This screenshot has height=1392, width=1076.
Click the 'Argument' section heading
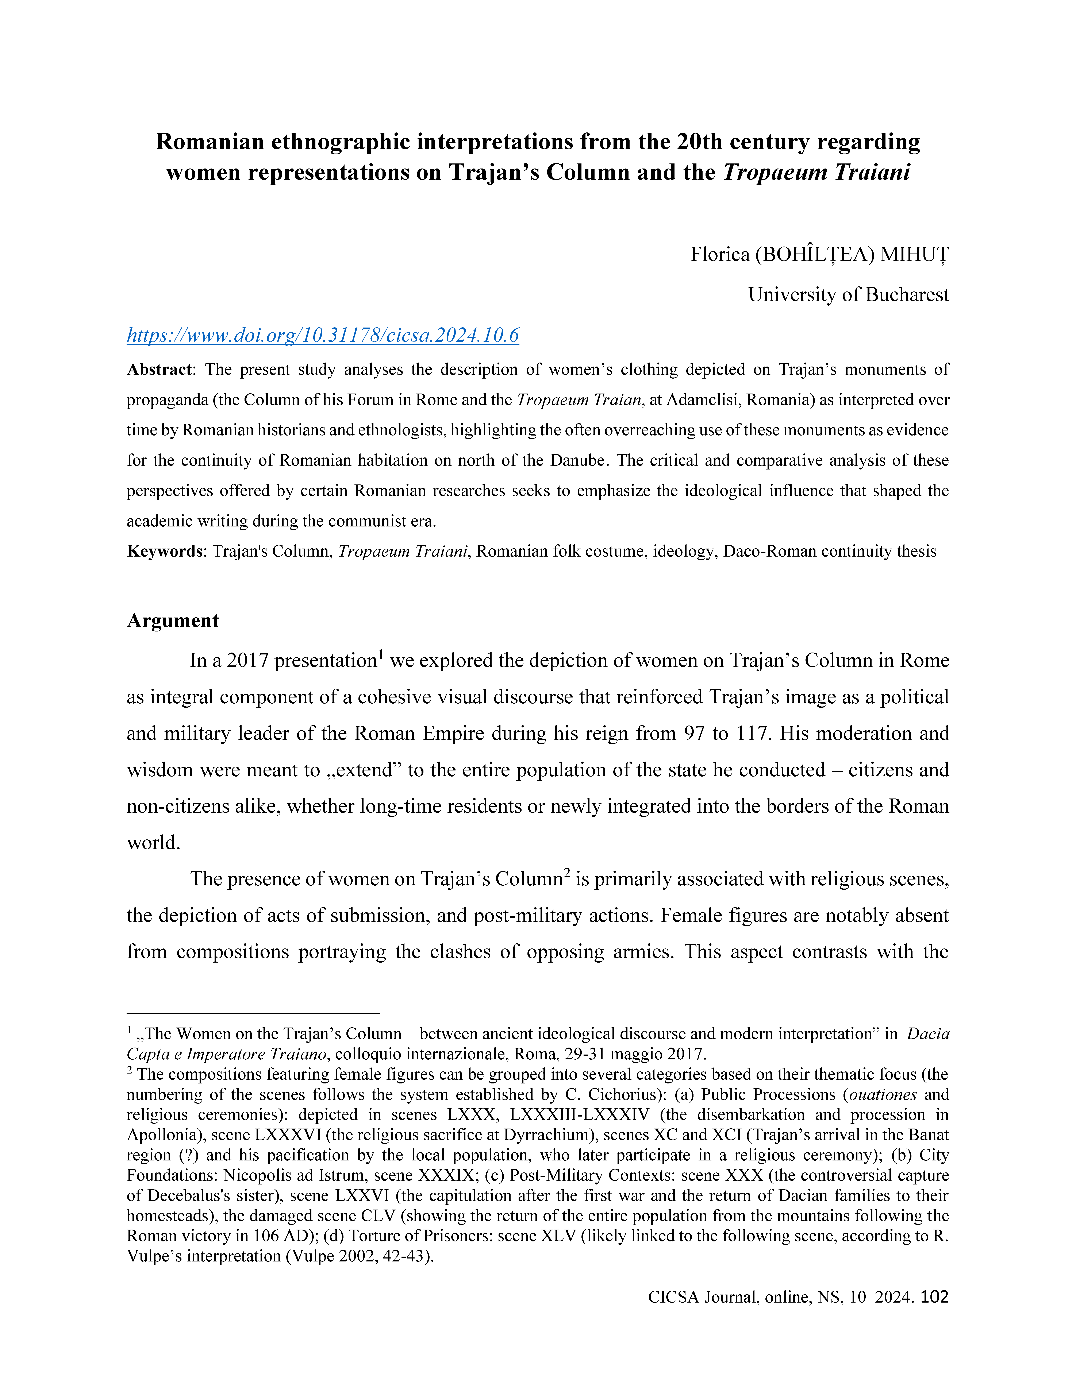click(x=173, y=621)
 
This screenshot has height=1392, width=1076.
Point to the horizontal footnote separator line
click(x=253, y=1013)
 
